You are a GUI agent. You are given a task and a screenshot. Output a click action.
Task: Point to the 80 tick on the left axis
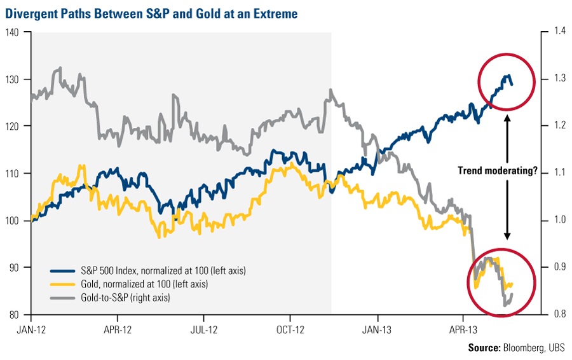15,314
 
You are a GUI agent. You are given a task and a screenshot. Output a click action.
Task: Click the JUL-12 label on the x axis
204,331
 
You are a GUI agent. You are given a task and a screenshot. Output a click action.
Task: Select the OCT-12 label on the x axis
290,331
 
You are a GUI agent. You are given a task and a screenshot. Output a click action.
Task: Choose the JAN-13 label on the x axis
377,331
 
